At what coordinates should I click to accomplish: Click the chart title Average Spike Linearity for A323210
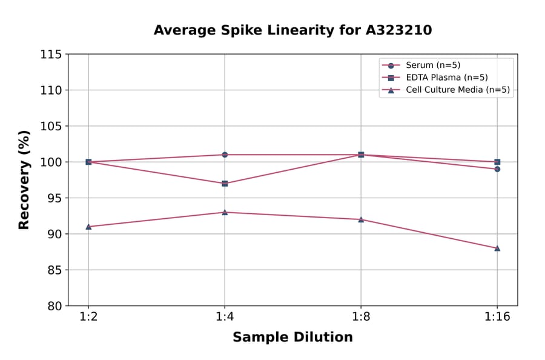[292, 30]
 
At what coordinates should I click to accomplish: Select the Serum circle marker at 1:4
[225, 155]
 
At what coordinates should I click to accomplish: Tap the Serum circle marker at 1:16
[497, 169]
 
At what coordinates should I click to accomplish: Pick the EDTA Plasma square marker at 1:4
[225, 183]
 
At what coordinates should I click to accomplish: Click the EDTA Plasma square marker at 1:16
[497, 162]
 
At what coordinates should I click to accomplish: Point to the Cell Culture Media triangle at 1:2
[88, 227]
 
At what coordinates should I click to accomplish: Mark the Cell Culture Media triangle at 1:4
[225, 212]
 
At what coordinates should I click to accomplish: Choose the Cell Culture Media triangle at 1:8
[361, 219]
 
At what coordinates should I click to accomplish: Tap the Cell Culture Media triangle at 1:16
[497, 248]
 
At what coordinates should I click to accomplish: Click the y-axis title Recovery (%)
[24, 180]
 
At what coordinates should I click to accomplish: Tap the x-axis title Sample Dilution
[292, 338]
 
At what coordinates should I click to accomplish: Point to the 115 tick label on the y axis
[51, 55]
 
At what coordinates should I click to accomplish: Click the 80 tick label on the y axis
[54, 306]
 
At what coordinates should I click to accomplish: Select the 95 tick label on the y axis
[54, 198]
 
